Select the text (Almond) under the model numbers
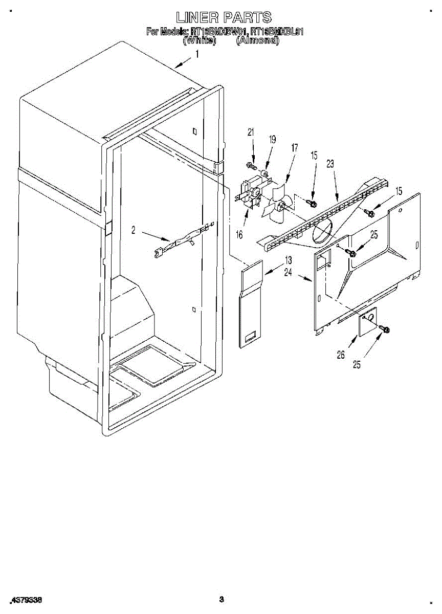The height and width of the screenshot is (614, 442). (x=257, y=40)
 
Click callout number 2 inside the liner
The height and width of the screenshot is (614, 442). (x=133, y=230)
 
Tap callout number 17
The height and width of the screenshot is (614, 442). (x=294, y=148)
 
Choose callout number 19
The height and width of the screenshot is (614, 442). (x=272, y=139)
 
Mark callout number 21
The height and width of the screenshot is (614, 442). (x=251, y=133)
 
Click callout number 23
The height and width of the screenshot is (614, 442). (x=330, y=164)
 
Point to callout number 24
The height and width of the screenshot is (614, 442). (x=288, y=273)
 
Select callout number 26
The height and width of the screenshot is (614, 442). (x=341, y=354)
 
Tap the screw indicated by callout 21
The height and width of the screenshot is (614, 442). (x=251, y=166)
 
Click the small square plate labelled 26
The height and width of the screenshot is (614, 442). (x=367, y=321)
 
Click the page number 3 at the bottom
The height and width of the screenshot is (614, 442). (x=222, y=599)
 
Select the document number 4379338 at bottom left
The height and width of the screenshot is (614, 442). (x=26, y=599)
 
